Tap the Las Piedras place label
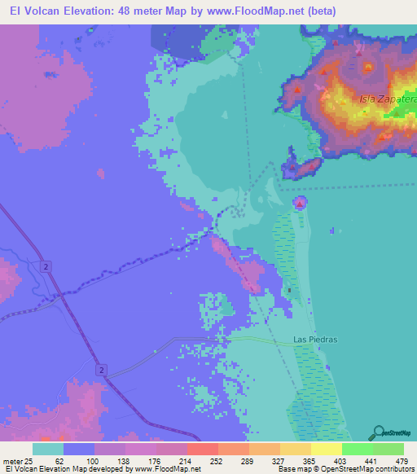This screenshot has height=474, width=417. coord(314,339)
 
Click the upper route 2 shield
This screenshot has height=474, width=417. coord(48,266)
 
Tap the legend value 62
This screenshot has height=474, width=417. coord(59,461)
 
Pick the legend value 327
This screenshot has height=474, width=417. coord(276,461)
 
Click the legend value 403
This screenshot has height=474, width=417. coord(339,461)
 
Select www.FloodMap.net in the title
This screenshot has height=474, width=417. coord(235,11)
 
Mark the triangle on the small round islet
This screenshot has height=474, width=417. coord(301,201)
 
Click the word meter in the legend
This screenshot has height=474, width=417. coord(12,461)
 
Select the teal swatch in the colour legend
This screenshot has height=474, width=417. coord(48,449)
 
